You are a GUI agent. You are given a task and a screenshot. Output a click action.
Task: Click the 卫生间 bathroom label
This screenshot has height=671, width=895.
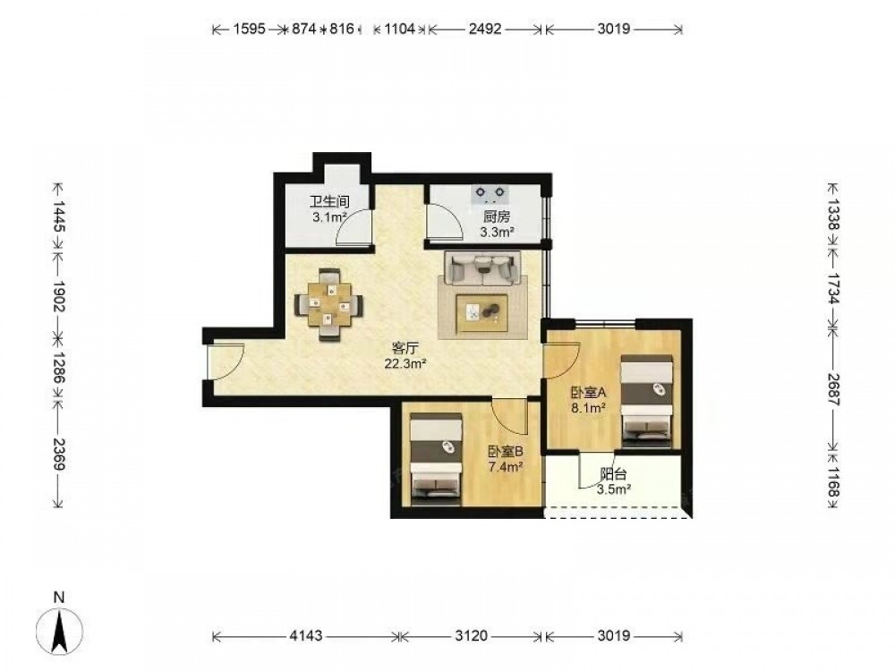(x=329, y=202)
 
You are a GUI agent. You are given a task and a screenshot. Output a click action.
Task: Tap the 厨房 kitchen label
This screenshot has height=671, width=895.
(x=497, y=217)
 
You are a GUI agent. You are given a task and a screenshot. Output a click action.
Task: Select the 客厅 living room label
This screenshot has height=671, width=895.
(x=405, y=348)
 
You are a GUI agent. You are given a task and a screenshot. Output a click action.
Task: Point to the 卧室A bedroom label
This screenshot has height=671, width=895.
(x=589, y=393)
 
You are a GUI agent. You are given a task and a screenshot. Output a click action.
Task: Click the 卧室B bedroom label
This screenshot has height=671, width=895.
(x=505, y=452)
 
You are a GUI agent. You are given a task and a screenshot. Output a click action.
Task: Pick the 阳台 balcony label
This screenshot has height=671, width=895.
(x=614, y=474)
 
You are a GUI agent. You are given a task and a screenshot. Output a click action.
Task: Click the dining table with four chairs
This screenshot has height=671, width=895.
(x=328, y=305)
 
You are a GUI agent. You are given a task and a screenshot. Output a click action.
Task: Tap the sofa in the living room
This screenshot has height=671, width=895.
(x=484, y=268)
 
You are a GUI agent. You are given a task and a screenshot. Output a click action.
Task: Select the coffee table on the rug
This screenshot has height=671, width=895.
(x=482, y=312)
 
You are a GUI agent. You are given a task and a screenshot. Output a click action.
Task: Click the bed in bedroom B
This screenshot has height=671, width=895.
(x=436, y=459)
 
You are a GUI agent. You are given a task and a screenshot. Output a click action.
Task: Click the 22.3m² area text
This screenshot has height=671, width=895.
(x=405, y=363)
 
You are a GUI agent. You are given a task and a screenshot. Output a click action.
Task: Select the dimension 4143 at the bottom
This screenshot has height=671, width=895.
(x=306, y=635)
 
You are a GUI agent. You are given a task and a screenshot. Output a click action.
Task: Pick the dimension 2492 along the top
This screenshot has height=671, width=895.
(x=485, y=29)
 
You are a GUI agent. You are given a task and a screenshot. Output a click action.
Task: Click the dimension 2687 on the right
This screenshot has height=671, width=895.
(x=834, y=390)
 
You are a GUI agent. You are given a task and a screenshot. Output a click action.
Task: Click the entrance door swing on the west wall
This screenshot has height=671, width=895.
(x=226, y=361)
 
